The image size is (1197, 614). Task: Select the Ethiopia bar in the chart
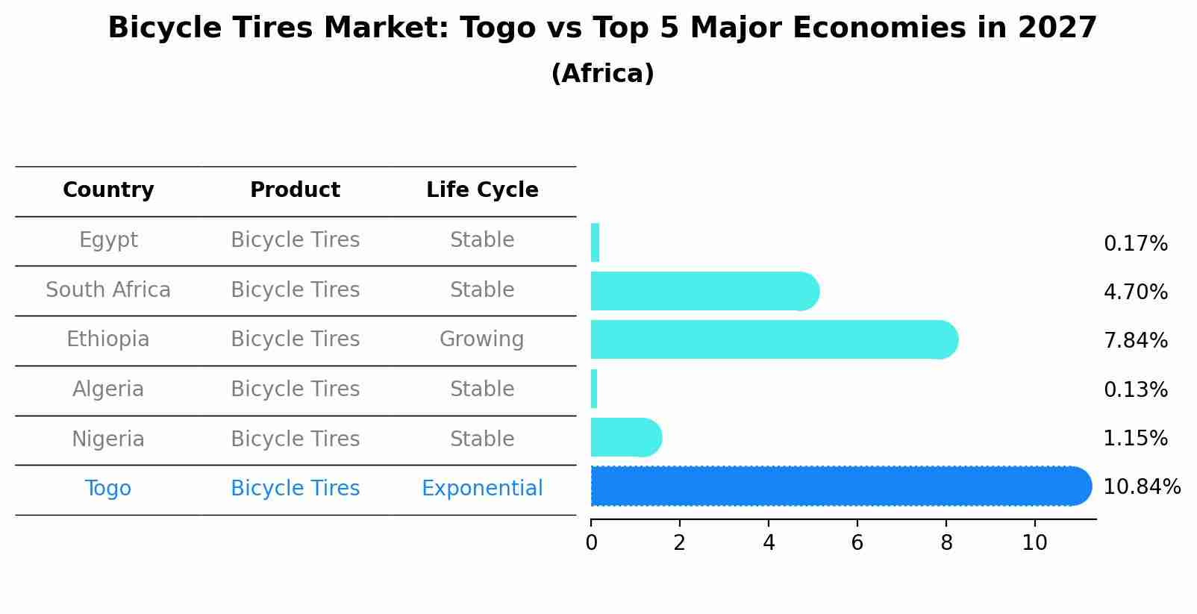pyautogui.click(x=772, y=340)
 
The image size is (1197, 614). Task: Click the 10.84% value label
pyautogui.click(x=1141, y=487)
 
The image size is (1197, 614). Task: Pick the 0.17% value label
pyautogui.click(x=1135, y=244)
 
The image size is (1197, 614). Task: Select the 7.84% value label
pyautogui.click(x=1135, y=341)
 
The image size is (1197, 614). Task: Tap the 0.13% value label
pyautogui.click(x=1135, y=389)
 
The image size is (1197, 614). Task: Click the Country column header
pyautogui.click(x=108, y=190)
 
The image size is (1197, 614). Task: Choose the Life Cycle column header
pyautogui.click(x=482, y=190)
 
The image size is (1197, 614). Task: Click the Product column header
pyautogui.click(x=295, y=190)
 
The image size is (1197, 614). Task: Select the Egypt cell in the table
pyautogui.click(x=108, y=240)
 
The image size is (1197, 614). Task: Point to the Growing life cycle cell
pyautogui.click(x=481, y=339)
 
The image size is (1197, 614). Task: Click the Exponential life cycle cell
pyautogui.click(x=482, y=489)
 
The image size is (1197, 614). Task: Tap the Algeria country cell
pyautogui.click(x=108, y=389)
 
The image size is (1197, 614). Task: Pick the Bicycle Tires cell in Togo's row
pyautogui.click(x=295, y=489)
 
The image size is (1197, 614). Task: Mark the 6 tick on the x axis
pyautogui.click(x=857, y=543)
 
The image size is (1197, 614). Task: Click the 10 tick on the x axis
pyautogui.click(x=1034, y=543)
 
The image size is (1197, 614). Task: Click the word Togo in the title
pyautogui.click(x=497, y=29)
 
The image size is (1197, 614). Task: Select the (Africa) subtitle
pyautogui.click(x=602, y=74)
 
